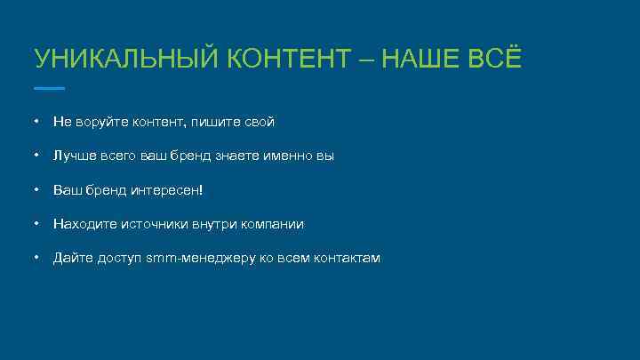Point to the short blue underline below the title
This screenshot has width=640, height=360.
[x=49, y=88]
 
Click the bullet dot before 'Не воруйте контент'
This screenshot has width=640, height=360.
[x=35, y=121]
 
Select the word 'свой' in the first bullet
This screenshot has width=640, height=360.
[x=259, y=121]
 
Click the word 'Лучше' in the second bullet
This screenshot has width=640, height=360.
[x=72, y=156]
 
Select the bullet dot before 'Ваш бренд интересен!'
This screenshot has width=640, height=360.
[x=35, y=189]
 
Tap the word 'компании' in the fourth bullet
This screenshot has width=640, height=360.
[x=275, y=224]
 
